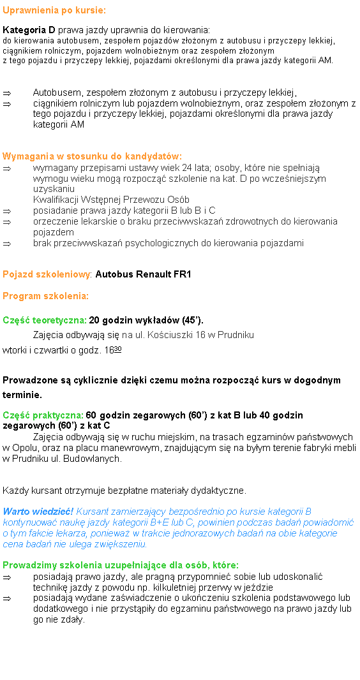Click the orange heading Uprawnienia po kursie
coord(54,11)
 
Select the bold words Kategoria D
coord(29,30)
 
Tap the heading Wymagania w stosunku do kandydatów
coord(92,156)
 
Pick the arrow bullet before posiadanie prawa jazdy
coord(6,211)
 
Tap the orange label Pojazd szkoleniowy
coord(48,275)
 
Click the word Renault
coord(153,275)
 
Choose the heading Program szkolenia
coord(45,297)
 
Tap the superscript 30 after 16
coord(118,349)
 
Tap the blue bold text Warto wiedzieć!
coord(38,512)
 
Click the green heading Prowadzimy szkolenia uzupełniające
coord(121,565)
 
